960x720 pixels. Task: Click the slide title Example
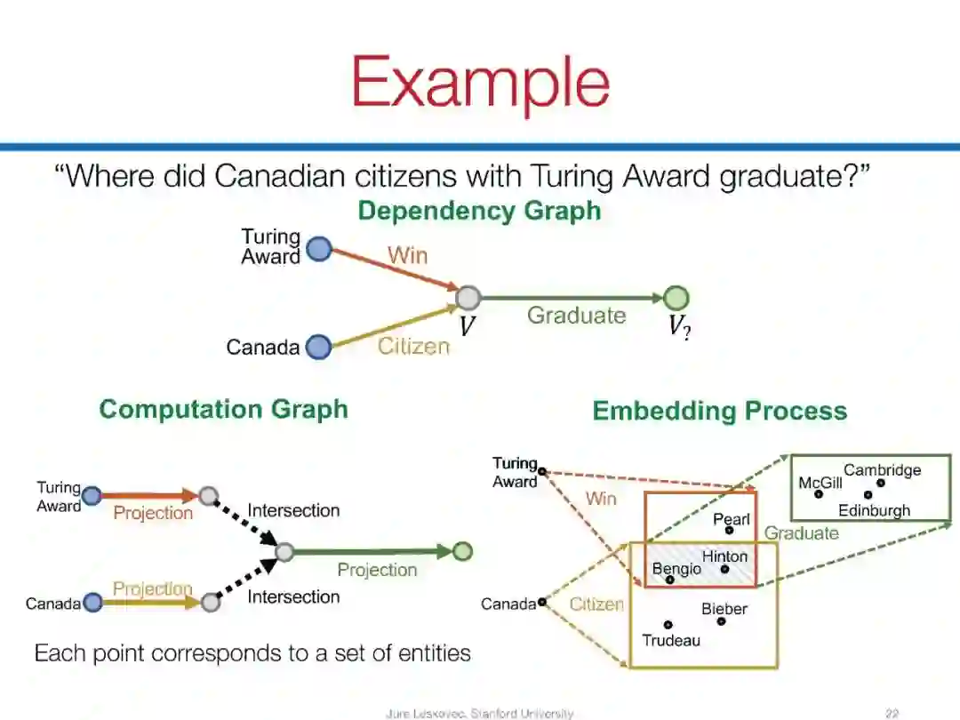point(480,83)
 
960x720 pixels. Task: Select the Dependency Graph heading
point(479,212)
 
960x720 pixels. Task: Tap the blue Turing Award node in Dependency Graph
point(319,249)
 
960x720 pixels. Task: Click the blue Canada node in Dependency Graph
point(318,347)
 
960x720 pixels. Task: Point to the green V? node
point(676,298)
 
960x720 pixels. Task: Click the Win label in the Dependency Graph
point(407,256)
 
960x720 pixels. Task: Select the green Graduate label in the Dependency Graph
point(576,316)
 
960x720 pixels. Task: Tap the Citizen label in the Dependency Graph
point(413,347)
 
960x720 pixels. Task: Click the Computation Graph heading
point(223,409)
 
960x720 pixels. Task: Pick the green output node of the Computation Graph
point(462,552)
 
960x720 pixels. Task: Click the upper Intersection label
point(293,510)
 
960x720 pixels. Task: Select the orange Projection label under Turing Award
point(153,513)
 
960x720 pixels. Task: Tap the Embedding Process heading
point(719,411)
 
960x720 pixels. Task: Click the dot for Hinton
point(724,569)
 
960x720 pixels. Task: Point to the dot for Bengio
point(670,580)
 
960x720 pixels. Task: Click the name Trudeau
point(671,640)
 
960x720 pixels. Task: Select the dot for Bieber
point(721,621)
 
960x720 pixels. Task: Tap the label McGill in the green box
point(820,483)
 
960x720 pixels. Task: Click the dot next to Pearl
point(729,530)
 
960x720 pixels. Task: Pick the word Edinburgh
point(874,511)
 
